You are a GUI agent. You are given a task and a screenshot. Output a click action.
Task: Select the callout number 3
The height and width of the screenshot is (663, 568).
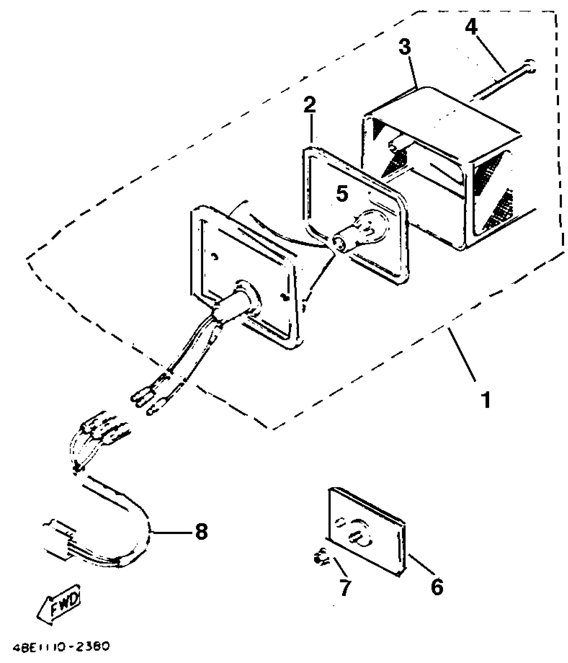pyautogui.click(x=405, y=47)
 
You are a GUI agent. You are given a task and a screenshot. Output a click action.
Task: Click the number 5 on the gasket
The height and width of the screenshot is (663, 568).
pyautogui.click(x=342, y=194)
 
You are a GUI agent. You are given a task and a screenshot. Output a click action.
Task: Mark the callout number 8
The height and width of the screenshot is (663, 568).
pyautogui.click(x=201, y=531)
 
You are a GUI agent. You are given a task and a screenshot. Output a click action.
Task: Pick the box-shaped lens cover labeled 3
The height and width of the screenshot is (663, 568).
pyautogui.click(x=444, y=167)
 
